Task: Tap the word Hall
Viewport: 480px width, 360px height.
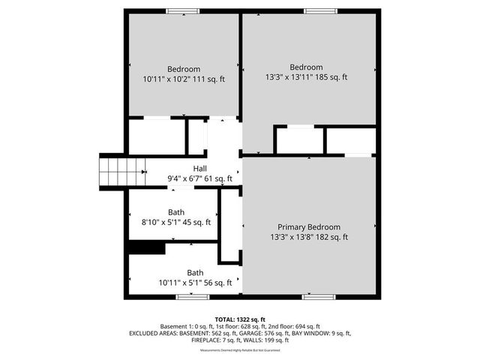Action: (200, 169)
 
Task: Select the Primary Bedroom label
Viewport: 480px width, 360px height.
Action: (309, 227)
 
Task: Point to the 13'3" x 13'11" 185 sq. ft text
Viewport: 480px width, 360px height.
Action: (307, 76)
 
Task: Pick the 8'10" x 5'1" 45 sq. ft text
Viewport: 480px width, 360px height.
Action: (176, 222)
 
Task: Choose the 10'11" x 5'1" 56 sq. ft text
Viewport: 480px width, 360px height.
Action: (195, 283)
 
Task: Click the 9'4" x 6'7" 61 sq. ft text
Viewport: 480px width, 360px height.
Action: (200, 178)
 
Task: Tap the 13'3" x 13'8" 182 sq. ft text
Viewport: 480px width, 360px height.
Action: (309, 237)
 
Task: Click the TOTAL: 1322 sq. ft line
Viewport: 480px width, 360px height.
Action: (240, 318)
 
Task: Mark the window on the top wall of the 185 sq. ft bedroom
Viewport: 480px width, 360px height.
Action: (315, 11)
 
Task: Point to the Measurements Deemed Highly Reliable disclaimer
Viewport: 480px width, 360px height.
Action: (240, 350)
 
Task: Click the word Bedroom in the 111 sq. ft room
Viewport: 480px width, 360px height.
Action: (184, 69)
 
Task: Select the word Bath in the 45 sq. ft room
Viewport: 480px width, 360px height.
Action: (176, 212)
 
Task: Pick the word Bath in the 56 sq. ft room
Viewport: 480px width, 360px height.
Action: (195, 272)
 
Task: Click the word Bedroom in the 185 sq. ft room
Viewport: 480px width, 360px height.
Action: (307, 66)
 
